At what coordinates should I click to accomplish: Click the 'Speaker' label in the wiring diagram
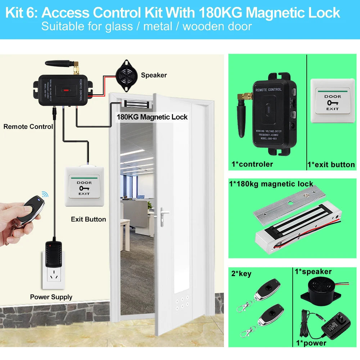pyautogui.click(x=154, y=75)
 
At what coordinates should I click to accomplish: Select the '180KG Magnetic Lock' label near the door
pyautogui.click(x=152, y=117)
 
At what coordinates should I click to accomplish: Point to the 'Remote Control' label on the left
pyautogui.click(x=28, y=127)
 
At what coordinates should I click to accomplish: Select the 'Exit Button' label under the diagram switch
pyautogui.click(x=88, y=219)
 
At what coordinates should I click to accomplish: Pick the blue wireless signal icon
pyautogui.click(x=45, y=195)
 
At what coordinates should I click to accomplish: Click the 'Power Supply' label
pyautogui.click(x=51, y=297)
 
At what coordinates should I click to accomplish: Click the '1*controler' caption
pyautogui.click(x=252, y=164)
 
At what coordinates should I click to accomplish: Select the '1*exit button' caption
pyautogui.click(x=331, y=165)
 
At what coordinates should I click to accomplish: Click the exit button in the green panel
pyautogui.click(x=332, y=96)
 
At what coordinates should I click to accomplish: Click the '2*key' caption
pyautogui.click(x=241, y=274)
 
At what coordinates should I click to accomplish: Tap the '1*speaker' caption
pyautogui.click(x=313, y=271)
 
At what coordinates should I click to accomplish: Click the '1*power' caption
pyautogui.click(x=311, y=343)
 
